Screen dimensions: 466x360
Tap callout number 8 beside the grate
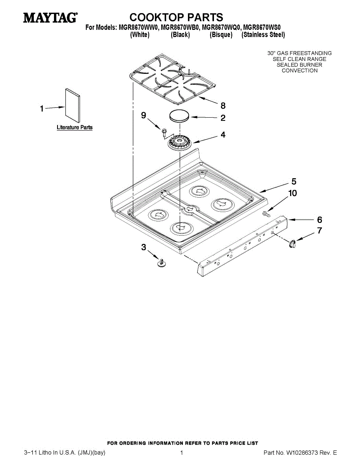pos(223,106)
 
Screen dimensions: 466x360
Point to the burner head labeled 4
pos(180,143)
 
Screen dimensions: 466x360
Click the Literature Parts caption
pos(75,127)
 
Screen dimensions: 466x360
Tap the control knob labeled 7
pos(292,243)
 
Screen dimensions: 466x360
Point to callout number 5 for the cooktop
pos(294,181)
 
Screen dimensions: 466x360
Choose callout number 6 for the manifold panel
pos(320,220)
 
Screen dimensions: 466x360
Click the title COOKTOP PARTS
pos(176,17)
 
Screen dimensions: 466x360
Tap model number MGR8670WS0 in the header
pos(264,27)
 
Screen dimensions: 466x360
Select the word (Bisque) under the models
pos(221,35)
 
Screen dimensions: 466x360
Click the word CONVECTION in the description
pos(299,71)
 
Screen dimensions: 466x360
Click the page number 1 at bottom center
pos(181,453)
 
